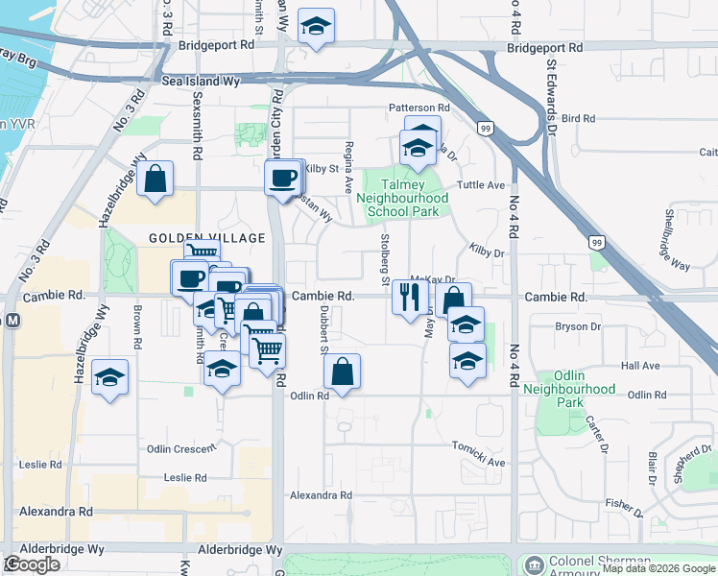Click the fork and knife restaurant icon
pos(411,298)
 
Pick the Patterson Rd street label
pos(419,108)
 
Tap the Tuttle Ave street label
pos(481,185)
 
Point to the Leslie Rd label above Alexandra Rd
pos(185,477)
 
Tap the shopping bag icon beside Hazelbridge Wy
pos(154,180)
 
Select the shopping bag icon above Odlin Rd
pos(343,372)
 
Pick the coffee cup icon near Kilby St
pos(282,180)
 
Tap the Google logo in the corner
pos(32,564)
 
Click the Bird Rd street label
pos(579,118)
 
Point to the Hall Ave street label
pos(640,366)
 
